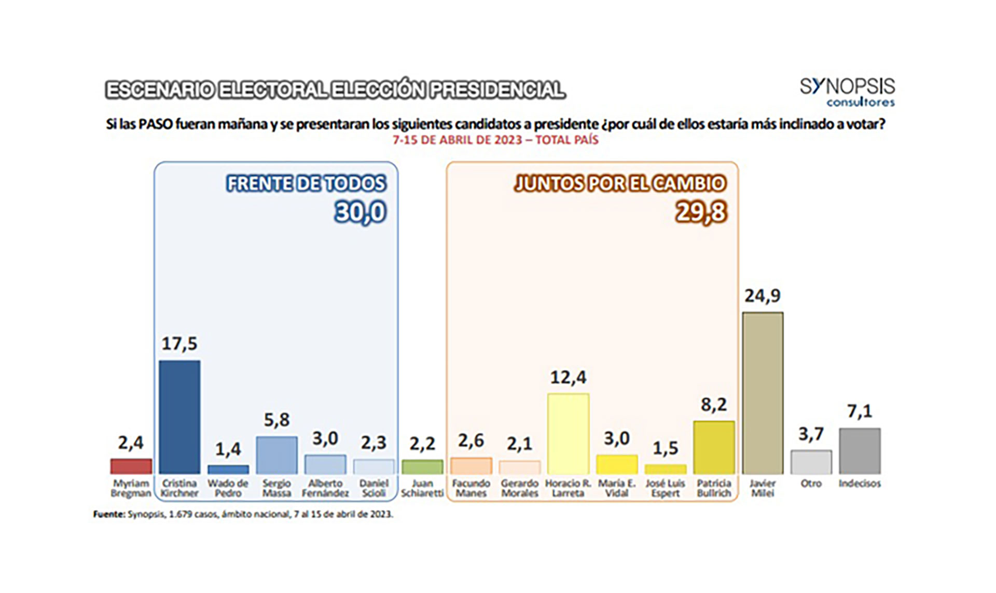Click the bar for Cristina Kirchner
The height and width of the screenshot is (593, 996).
coord(179,417)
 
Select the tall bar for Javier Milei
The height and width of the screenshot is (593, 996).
coord(763,393)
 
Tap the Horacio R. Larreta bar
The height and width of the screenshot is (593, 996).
coord(568,433)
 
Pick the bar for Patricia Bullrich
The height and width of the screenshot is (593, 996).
coord(714,447)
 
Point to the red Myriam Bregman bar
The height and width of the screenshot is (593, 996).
coord(131,466)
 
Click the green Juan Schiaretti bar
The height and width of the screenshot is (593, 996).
coord(422,467)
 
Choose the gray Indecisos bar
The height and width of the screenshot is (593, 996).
coord(860,450)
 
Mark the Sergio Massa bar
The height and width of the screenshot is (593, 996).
coord(276,454)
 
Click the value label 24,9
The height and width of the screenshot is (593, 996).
coord(763,296)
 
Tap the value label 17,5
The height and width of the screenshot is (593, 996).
coord(179,343)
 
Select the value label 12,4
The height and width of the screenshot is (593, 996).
coord(568,377)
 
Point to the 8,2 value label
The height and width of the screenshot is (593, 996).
coord(714,405)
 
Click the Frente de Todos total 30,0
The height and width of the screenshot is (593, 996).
coord(361,212)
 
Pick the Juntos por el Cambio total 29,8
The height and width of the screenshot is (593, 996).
coord(701,212)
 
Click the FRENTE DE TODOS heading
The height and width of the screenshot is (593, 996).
coord(306,184)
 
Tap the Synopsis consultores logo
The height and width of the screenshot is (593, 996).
coord(847,92)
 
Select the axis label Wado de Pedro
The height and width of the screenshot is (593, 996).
coord(228,488)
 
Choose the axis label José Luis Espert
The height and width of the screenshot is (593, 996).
coord(665,488)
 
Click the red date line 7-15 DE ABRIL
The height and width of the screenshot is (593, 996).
coord(495,140)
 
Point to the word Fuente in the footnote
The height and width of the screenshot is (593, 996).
coord(109,515)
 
